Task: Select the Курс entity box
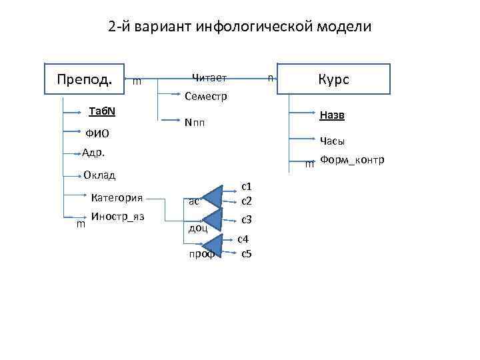333,79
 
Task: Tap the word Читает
209,78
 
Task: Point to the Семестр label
206,97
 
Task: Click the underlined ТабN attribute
103,110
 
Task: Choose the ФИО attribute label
97,133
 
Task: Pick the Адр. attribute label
94,153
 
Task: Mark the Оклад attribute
100,175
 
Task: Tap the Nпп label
195,123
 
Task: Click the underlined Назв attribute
332,116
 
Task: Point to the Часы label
332,141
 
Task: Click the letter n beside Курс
269,78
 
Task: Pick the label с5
246,253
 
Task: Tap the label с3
246,219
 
